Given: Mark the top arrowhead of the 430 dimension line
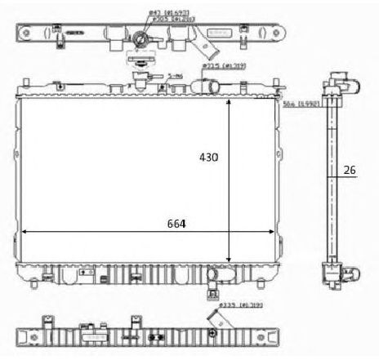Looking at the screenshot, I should pyautogui.click(x=229, y=103).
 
